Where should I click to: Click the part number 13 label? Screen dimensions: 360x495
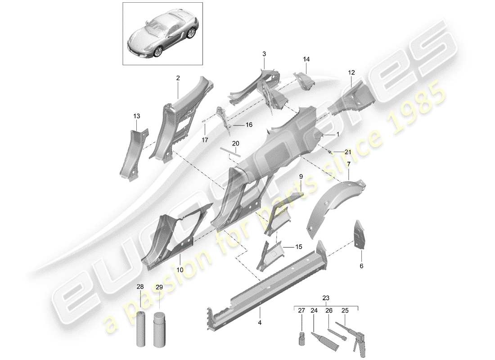[x=137, y=116]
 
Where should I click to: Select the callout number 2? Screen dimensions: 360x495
[x=178, y=78]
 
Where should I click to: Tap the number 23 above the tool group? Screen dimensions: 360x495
[x=325, y=297]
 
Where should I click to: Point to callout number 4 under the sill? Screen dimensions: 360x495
[x=259, y=322]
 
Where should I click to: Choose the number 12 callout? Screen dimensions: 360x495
[x=351, y=72]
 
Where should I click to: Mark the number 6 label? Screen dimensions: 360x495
[x=361, y=266]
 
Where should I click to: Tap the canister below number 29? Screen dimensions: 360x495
[x=160, y=332]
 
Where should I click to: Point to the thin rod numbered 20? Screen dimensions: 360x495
[x=231, y=152]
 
